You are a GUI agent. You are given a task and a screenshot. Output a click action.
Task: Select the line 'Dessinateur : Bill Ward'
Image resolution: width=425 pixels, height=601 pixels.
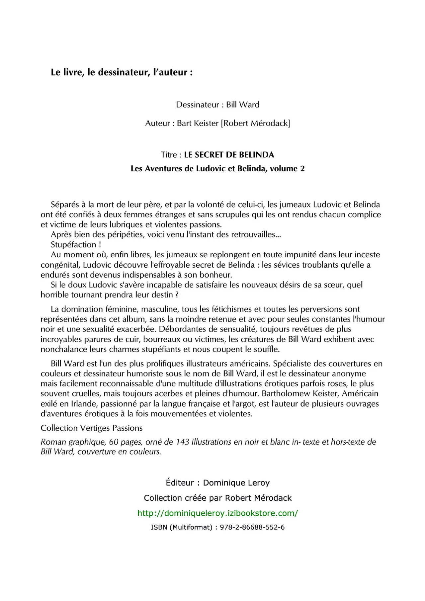pos(217,105)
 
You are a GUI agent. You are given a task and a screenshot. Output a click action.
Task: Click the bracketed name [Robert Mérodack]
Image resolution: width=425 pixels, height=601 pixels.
pos(255,123)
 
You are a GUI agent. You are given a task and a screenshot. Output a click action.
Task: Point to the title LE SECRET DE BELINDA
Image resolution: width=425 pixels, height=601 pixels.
pos(229,155)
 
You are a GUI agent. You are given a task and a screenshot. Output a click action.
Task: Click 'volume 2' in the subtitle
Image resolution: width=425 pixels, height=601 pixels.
pos(287,169)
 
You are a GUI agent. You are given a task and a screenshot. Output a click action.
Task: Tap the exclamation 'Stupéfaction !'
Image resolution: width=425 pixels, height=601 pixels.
pos(76,245)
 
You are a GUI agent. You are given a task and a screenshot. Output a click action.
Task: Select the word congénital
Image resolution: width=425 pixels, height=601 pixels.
pos(60,265)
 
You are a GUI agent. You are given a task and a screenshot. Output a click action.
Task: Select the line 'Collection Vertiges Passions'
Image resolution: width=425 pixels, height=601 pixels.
pos(92,428)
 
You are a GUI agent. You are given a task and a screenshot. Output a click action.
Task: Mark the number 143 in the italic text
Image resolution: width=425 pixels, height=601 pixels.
pos(182,442)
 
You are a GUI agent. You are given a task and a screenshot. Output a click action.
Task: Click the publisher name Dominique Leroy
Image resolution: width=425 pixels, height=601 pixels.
pos(236,483)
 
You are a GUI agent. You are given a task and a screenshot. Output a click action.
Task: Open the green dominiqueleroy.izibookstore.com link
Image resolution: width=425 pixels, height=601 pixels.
pos(217,513)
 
